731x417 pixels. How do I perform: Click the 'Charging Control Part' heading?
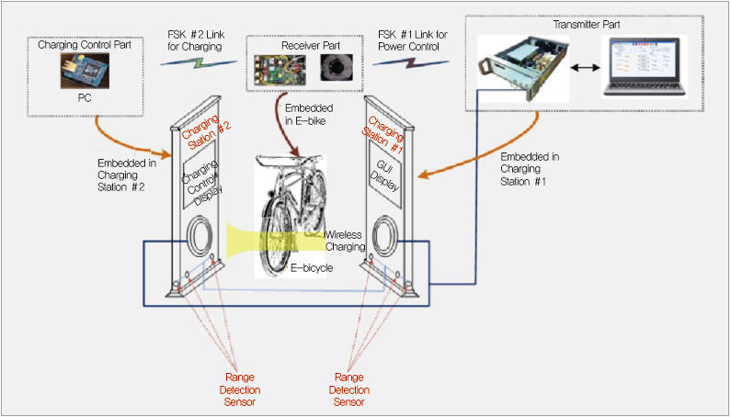pyautogui.click(x=86, y=44)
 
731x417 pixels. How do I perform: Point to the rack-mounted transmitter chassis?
pyautogui.click(x=520, y=69)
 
